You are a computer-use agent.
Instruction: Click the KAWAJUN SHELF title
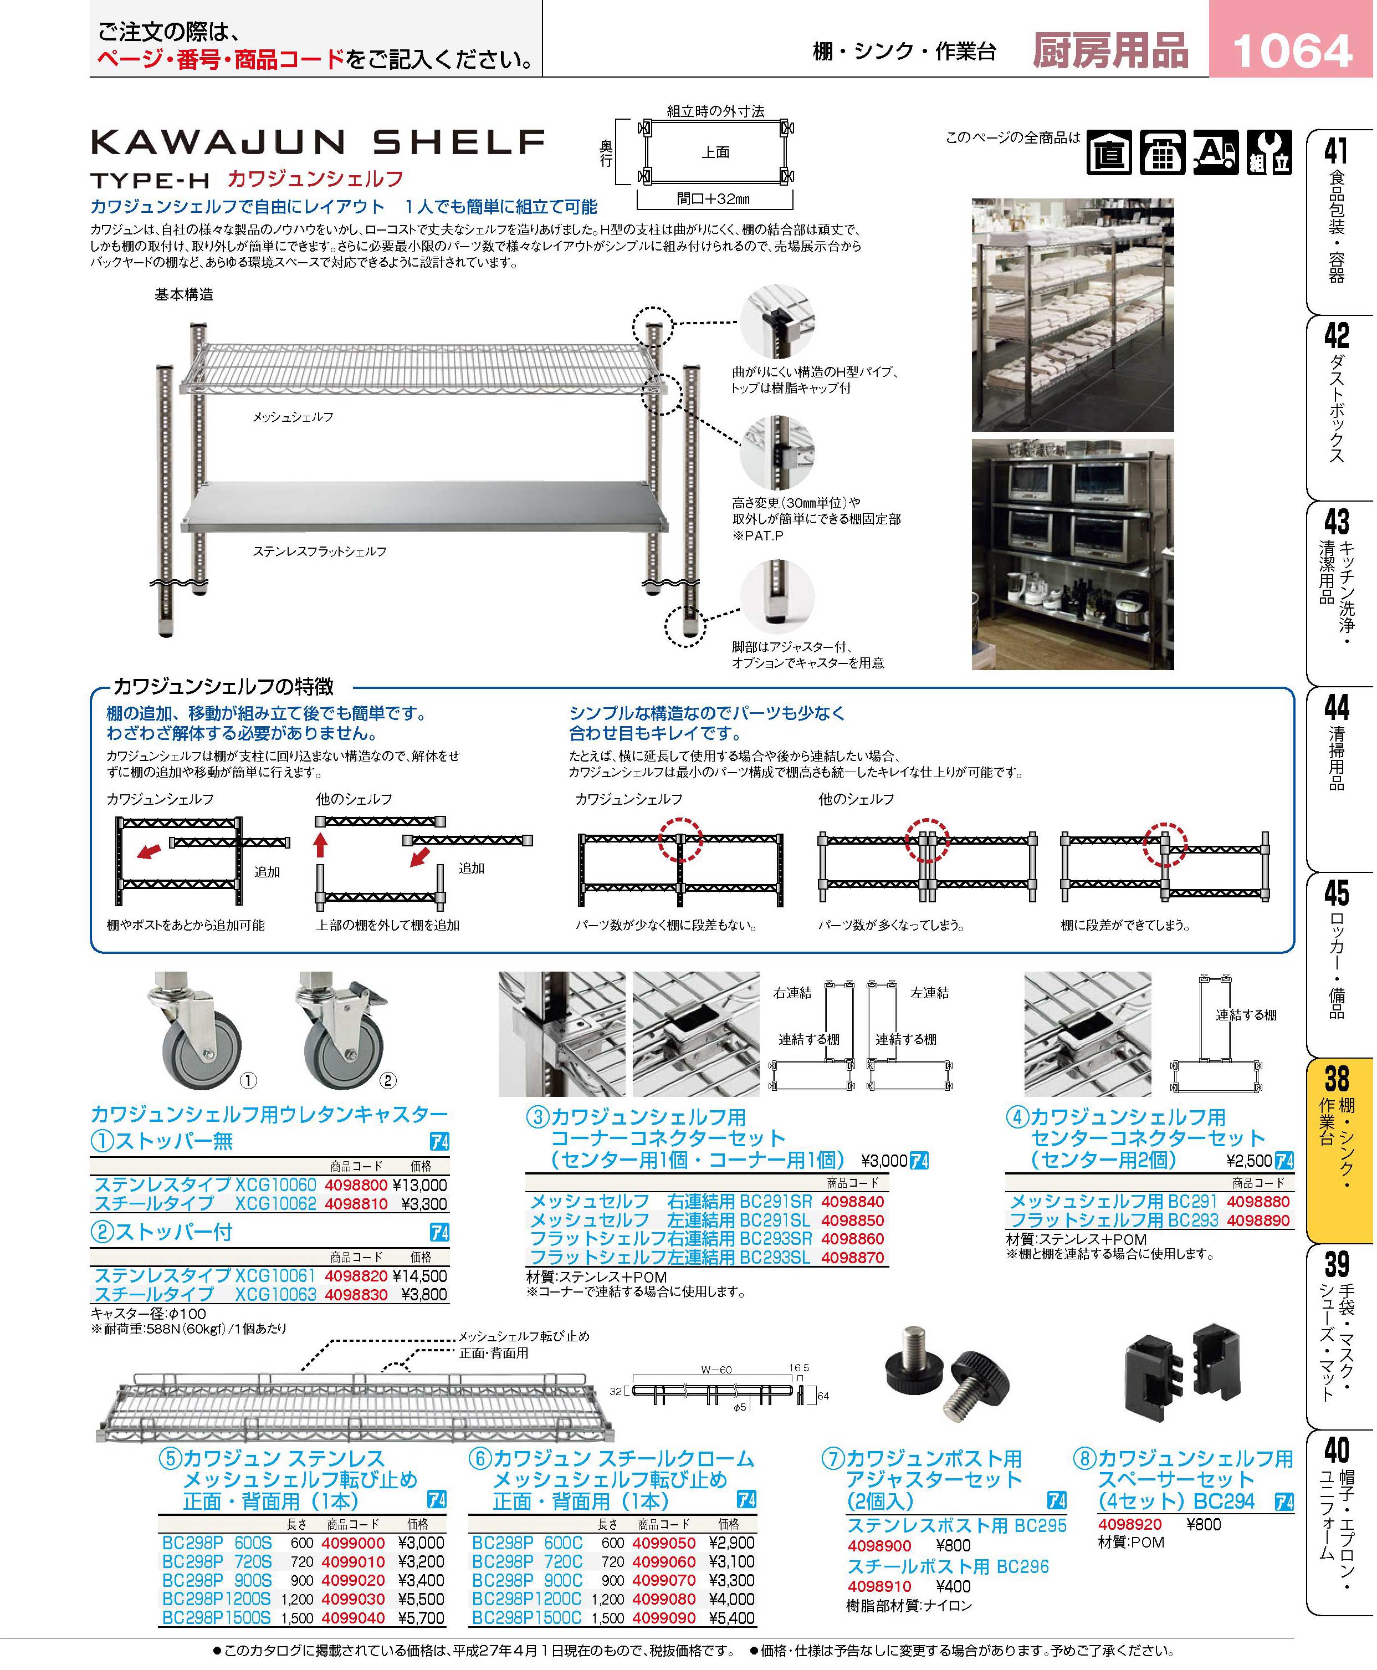point(318,143)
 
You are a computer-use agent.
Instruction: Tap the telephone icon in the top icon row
point(1163,152)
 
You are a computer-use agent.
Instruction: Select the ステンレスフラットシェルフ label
point(320,551)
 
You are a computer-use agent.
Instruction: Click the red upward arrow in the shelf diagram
point(320,844)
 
